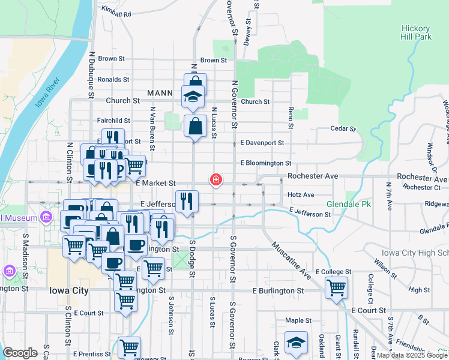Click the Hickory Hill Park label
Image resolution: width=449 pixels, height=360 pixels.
click(416, 32)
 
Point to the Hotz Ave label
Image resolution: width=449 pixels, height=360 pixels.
click(301, 194)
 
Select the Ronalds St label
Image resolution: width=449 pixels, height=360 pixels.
click(113, 79)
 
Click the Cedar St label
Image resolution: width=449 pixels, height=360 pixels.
click(343, 128)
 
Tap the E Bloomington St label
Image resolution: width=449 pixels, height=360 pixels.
click(265, 163)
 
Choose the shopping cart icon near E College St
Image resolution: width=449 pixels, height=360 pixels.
click(336, 287)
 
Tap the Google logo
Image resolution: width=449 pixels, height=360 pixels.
click(20, 353)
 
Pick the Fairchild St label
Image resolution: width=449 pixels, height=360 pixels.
click(113, 121)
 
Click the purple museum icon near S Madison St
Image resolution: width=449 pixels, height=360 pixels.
click(9, 271)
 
